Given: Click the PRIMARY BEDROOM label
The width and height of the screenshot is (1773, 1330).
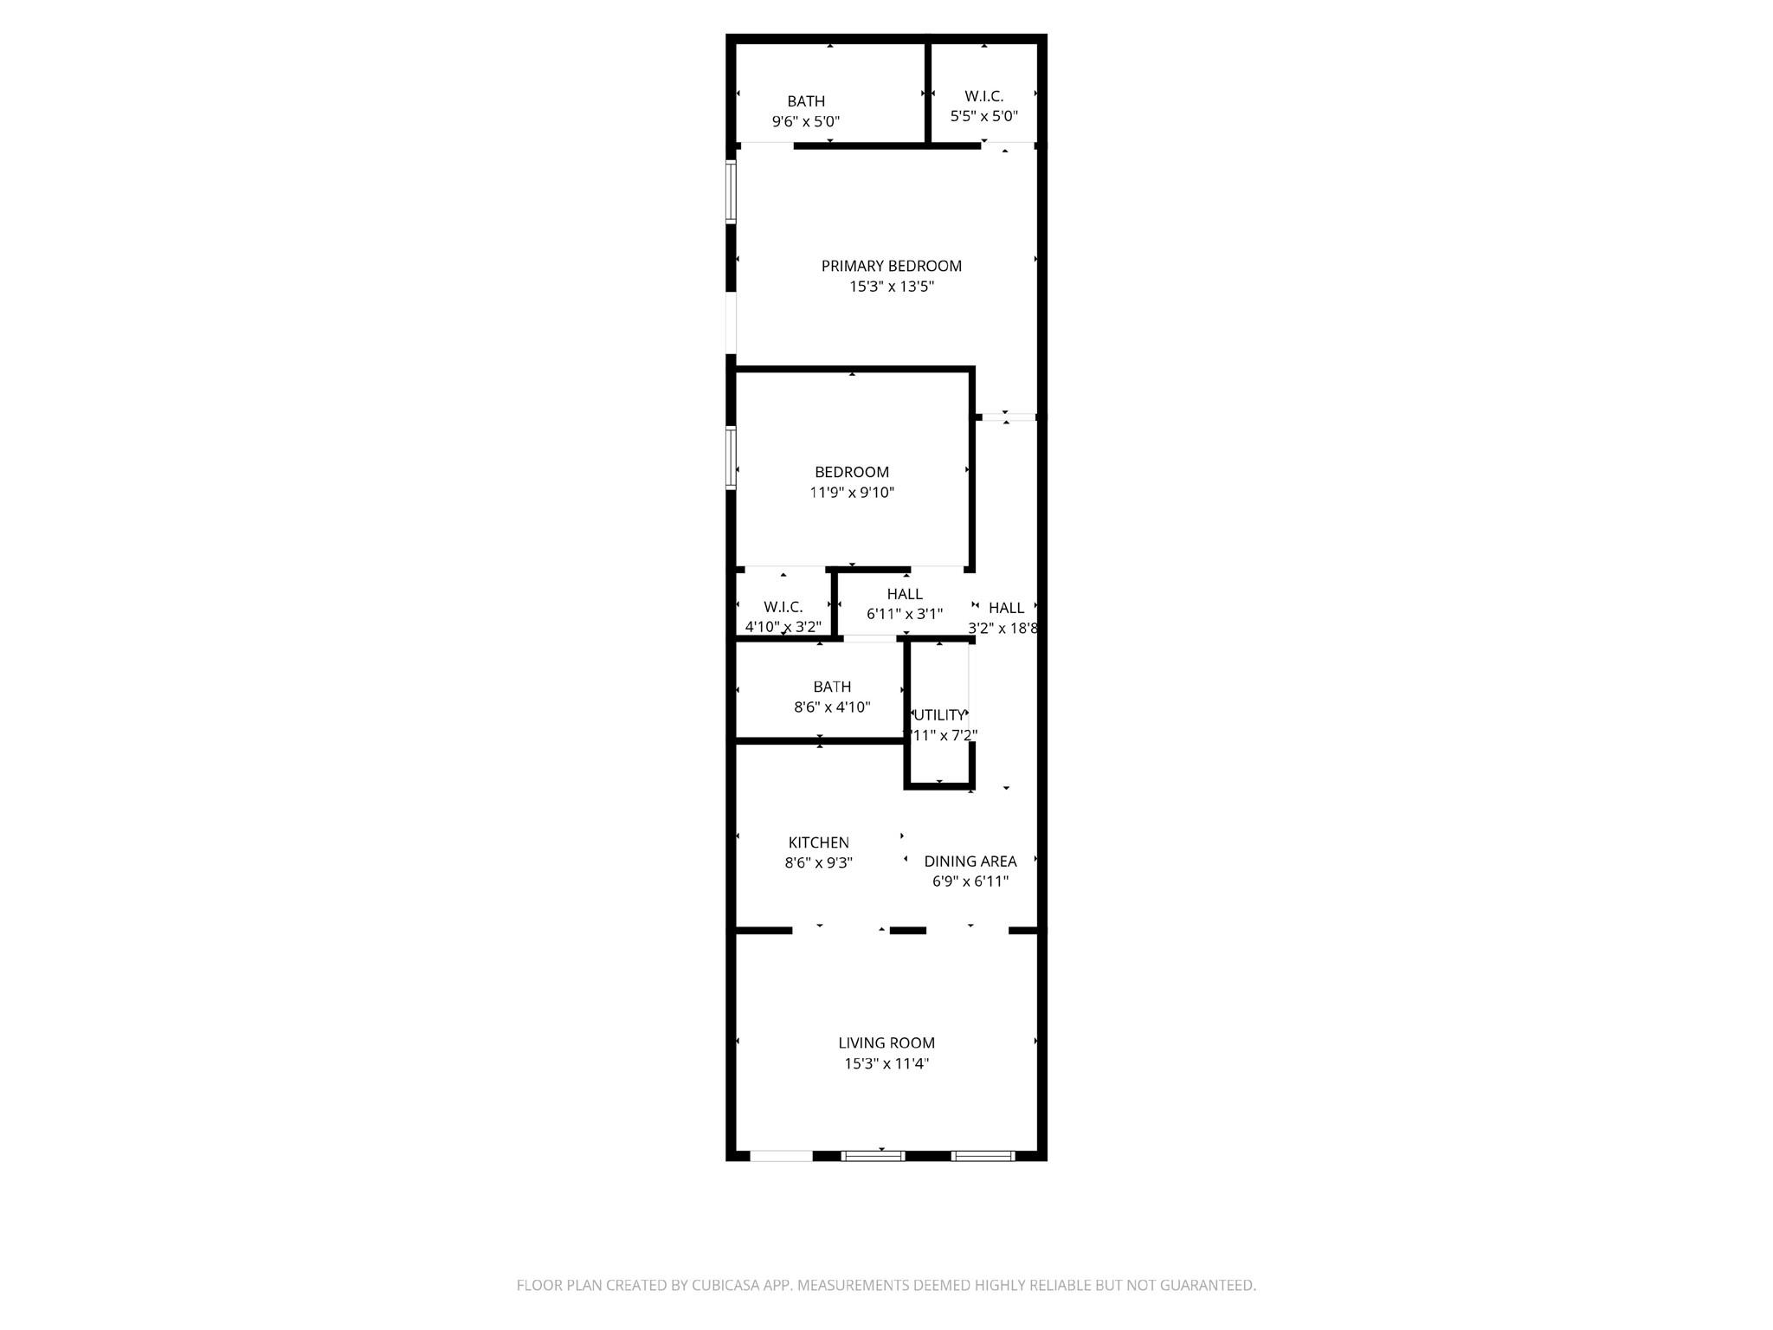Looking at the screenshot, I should pyautogui.click(x=891, y=266).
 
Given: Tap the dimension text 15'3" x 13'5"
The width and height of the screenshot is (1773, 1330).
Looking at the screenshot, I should pyautogui.click(x=891, y=287).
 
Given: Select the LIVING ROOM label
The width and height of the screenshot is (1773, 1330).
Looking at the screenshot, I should pyautogui.click(x=886, y=1043).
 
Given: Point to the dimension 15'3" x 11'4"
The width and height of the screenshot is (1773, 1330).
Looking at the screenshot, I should pyautogui.click(x=886, y=1064).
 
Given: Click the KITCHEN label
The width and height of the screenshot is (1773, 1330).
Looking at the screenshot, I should pyautogui.click(x=818, y=843).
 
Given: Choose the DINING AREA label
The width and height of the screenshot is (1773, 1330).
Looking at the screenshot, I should pyautogui.click(x=970, y=862).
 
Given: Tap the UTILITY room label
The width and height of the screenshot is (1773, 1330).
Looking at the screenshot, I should pyautogui.click(x=939, y=715).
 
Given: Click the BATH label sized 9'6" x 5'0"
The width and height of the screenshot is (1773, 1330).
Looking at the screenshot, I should pyautogui.click(x=806, y=101).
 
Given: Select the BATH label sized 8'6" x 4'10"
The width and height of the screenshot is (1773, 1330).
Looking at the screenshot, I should pyautogui.click(x=832, y=687).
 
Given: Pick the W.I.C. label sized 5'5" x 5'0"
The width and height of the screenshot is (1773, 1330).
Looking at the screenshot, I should pyautogui.click(x=984, y=96).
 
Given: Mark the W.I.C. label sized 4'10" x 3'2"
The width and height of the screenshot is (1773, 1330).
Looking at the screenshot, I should pyautogui.click(x=783, y=607).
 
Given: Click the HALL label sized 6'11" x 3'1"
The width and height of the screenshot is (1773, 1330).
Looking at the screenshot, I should pyautogui.click(x=905, y=594).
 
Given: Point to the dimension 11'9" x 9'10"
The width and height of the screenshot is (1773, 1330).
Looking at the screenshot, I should pyautogui.click(x=852, y=493).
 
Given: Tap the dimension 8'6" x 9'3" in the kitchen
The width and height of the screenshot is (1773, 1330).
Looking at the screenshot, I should pyautogui.click(x=818, y=863).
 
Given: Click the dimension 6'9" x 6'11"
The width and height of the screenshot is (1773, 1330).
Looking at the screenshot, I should pyautogui.click(x=970, y=882).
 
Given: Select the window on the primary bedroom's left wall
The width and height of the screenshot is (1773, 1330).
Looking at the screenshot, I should pyautogui.click(x=731, y=192).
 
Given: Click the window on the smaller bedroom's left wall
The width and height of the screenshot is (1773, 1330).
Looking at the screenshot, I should pyautogui.click(x=731, y=458).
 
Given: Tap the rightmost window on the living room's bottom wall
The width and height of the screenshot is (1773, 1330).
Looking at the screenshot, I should pyautogui.click(x=983, y=1156).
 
